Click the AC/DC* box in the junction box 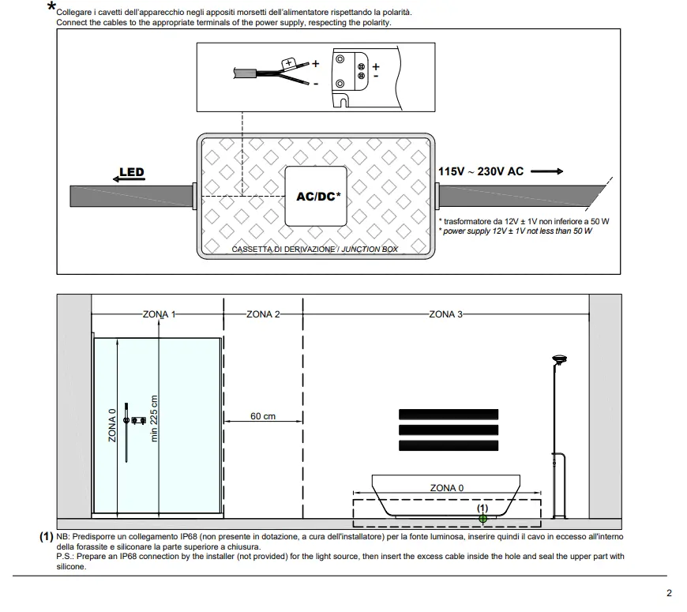pos(316,196)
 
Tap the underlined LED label pos(131,172)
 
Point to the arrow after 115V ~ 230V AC pos(546,171)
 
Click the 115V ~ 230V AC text pos(480,171)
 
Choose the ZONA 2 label pos(263,314)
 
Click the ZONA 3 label pos(446,314)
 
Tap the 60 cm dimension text pos(263,416)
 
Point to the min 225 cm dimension pos(154,419)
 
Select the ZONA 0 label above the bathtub pos(447,488)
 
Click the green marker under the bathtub pos(483,518)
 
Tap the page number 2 pos(669,594)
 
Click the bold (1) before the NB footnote pos(47,536)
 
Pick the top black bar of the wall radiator pos(449,414)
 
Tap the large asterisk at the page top pos(51,8)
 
